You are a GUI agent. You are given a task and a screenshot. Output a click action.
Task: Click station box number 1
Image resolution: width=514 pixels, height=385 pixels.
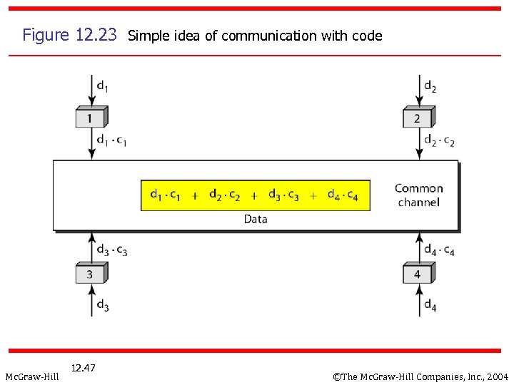(90, 118)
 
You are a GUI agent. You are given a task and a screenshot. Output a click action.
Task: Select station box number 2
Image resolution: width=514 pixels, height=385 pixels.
(418, 118)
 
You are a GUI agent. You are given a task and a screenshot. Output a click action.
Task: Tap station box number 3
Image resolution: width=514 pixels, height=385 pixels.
(90, 274)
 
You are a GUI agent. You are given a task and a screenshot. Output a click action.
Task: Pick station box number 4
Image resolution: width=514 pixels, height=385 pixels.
(418, 274)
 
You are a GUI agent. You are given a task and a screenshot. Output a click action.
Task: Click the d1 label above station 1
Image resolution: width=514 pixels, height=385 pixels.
(103, 87)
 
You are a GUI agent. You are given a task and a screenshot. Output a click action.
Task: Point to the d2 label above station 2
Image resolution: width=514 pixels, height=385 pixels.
(430, 87)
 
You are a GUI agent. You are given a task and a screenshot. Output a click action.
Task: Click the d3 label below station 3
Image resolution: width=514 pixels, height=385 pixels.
(103, 306)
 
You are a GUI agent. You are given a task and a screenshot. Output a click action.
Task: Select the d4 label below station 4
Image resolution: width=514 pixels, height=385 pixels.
(430, 306)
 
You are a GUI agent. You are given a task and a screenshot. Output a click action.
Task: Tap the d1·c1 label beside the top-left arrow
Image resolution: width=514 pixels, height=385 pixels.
(112, 140)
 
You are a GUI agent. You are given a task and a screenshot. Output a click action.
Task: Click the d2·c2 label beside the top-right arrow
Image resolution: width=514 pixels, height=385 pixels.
(439, 140)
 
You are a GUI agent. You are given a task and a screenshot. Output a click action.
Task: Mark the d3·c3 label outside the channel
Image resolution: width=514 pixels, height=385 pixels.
(112, 250)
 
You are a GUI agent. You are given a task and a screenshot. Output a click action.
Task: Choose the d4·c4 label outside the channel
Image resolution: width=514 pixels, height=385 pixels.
(439, 250)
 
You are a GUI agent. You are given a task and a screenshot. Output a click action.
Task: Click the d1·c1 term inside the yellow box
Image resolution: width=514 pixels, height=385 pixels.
(165, 195)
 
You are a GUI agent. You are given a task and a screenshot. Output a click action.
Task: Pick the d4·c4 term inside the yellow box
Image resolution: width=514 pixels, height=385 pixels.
(343, 195)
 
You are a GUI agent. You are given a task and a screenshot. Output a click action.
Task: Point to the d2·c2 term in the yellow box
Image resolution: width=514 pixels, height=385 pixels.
(224, 195)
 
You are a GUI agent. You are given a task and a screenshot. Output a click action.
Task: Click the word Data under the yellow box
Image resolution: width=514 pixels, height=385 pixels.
(255, 219)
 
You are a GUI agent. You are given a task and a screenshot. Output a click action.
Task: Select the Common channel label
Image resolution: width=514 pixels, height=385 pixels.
(419, 195)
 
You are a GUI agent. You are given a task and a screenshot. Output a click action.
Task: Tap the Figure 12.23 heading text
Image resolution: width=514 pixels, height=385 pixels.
(69, 35)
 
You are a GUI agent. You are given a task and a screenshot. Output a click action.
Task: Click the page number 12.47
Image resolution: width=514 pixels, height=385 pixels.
(84, 368)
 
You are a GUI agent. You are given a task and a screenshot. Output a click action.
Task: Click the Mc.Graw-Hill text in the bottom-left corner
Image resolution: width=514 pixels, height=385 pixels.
(32, 376)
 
